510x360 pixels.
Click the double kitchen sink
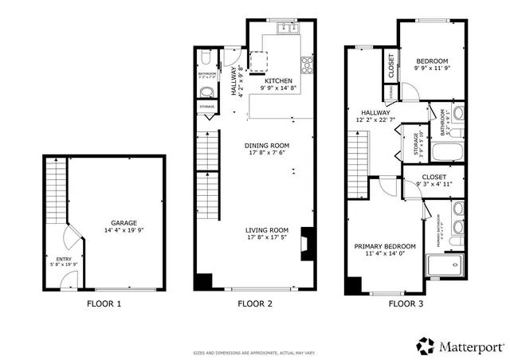[285, 29]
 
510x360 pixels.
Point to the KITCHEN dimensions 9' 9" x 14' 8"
[273, 88]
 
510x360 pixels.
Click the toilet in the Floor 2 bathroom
[205, 59]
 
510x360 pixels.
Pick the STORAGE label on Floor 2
[206, 105]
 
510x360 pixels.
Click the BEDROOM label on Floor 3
[432, 61]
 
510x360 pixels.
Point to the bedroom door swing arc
[406, 90]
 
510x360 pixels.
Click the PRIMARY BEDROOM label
[384, 247]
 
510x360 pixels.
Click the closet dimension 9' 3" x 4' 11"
[434, 184]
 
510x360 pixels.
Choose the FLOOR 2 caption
[255, 303]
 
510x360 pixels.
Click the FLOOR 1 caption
[104, 303]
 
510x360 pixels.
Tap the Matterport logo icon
[425, 346]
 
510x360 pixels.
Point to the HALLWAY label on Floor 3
[375, 113]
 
